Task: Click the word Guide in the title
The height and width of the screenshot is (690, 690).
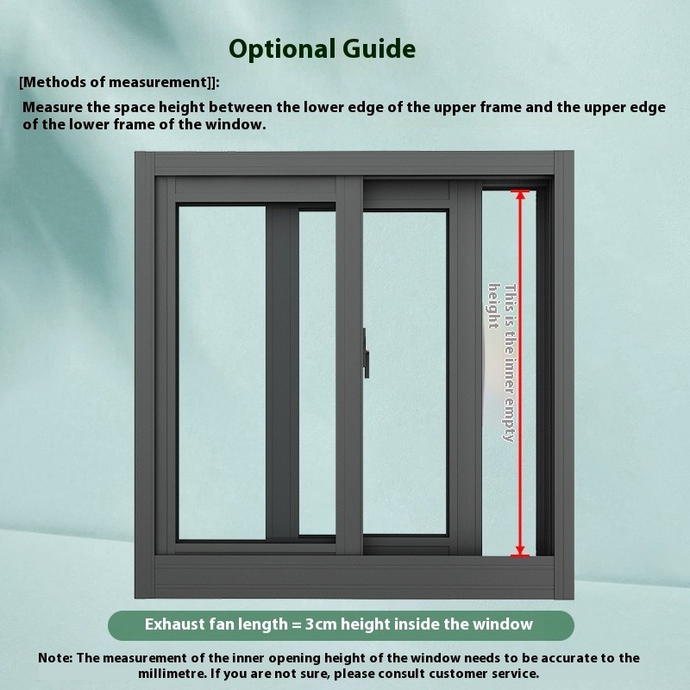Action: tap(379, 48)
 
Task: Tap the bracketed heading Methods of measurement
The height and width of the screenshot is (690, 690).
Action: tap(119, 82)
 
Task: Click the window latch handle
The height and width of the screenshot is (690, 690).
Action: tap(366, 353)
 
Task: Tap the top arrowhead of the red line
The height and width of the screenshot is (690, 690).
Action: tap(520, 193)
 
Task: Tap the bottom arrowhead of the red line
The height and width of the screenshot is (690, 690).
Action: tap(520, 551)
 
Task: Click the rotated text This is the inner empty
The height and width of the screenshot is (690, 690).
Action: tap(510, 362)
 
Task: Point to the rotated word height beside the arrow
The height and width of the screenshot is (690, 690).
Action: tap(494, 306)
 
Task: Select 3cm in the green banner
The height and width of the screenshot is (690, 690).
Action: tap(321, 624)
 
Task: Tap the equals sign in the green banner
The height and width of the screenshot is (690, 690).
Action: tap(296, 624)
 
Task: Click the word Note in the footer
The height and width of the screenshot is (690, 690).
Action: tap(54, 658)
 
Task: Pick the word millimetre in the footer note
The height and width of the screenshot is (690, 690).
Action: tap(172, 674)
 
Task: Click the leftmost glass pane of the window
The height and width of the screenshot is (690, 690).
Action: tap(222, 373)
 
